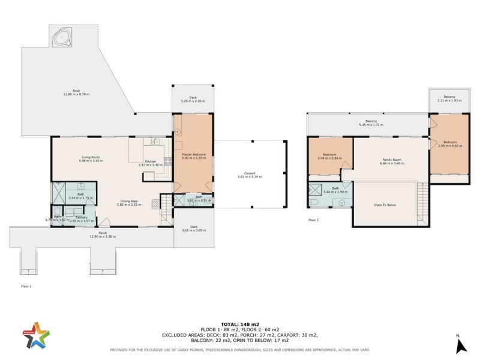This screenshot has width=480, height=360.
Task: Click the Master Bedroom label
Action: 194,157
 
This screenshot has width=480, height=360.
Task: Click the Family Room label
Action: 391,161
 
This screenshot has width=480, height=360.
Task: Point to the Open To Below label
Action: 387,205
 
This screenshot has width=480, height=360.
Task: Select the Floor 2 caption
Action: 313,220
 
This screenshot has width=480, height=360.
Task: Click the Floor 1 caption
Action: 25,287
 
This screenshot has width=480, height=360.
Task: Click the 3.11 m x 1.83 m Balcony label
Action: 449,99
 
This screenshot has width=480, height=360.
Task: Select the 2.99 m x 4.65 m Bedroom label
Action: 448,144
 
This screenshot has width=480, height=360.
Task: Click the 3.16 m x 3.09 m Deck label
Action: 193,229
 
